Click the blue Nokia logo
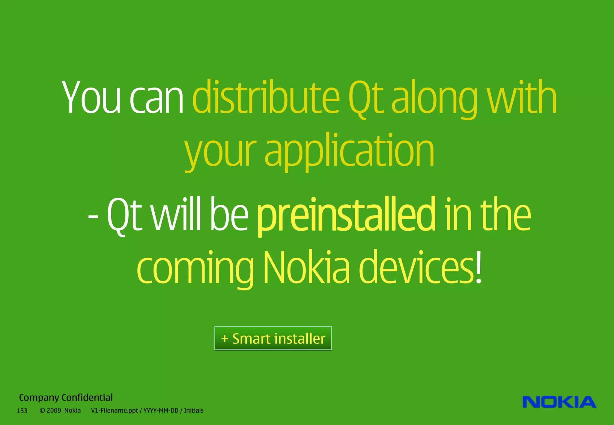click(x=559, y=402)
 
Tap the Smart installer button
click(x=273, y=338)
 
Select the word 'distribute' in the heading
click(x=266, y=97)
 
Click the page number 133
click(x=22, y=411)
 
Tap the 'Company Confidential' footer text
click(x=66, y=397)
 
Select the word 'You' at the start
click(x=91, y=97)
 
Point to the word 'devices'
click(x=417, y=267)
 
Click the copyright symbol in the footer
click(x=42, y=410)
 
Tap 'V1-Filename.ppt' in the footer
click(x=114, y=410)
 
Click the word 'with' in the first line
click(x=522, y=97)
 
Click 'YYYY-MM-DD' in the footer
click(x=161, y=410)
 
